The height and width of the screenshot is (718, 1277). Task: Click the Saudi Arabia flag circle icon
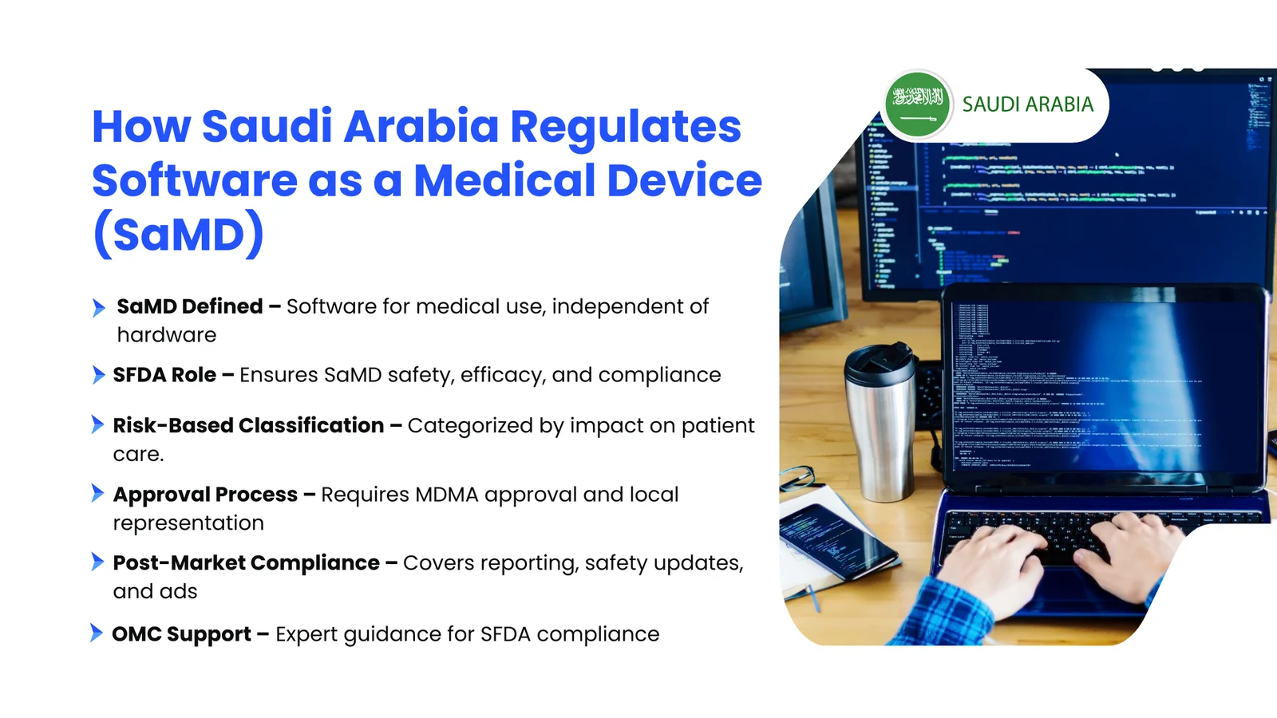click(918, 105)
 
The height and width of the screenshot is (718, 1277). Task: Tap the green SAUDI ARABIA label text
click(1027, 105)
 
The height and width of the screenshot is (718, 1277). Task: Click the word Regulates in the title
click(625, 127)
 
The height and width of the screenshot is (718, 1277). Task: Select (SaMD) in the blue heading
click(178, 234)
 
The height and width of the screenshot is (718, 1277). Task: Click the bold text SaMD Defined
click(190, 306)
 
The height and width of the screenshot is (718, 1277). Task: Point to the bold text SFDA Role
click(164, 375)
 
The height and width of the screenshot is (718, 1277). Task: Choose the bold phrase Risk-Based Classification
click(248, 425)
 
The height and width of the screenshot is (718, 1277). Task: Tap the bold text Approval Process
click(205, 495)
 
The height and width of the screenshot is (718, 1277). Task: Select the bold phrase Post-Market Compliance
click(246, 563)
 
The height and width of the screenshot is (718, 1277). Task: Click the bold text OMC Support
click(181, 634)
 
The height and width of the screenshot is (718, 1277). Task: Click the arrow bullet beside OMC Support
click(97, 633)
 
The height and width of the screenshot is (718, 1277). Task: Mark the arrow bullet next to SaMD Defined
click(98, 307)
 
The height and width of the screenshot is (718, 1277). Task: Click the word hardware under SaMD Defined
click(167, 335)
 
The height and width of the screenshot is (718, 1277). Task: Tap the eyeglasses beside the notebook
click(798, 479)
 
